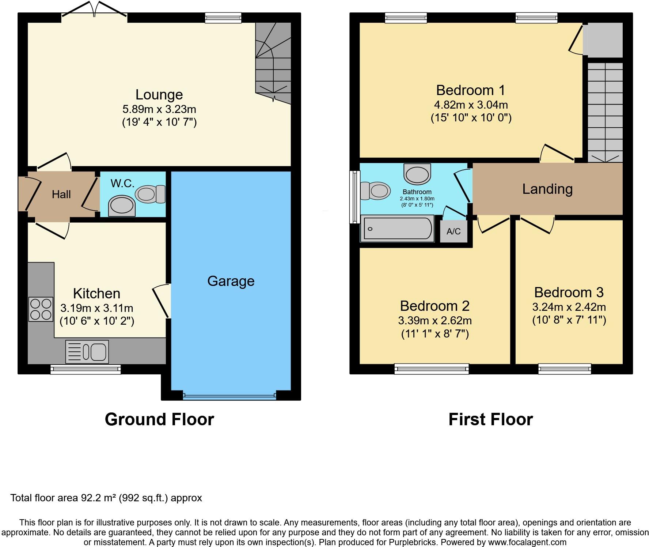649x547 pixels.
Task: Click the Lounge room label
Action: tap(159, 95)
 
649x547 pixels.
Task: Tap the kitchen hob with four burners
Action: tap(41, 309)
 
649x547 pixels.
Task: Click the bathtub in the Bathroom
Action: tap(397, 229)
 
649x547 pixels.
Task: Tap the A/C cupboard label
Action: tap(453, 231)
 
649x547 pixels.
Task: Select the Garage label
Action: tap(231, 281)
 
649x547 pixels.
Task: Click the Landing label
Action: tap(547, 189)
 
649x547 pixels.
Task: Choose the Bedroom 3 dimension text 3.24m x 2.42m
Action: tap(569, 307)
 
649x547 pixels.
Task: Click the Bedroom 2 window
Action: tap(432, 369)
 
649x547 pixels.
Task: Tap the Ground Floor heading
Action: tap(159, 419)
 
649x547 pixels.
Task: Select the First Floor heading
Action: tap(490, 419)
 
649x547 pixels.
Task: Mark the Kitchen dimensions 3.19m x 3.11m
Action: tap(97, 308)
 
